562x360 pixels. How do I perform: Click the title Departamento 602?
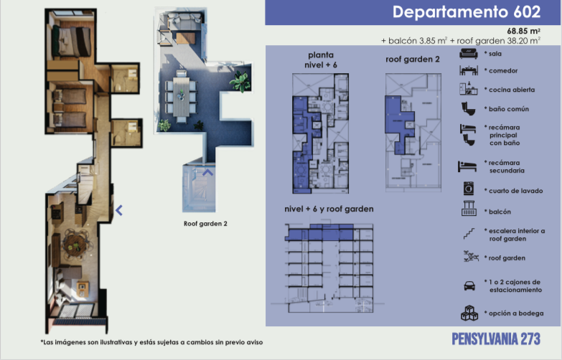[467, 11]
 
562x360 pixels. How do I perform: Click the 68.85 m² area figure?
[524, 31]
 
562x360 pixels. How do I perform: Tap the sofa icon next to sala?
[469, 54]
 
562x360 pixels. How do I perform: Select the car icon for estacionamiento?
[469, 286]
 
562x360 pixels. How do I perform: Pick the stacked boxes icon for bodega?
[469, 313]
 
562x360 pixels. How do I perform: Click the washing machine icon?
[469, 189]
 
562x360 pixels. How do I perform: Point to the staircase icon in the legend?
[469, 234]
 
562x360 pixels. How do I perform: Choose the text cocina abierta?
[512, 90]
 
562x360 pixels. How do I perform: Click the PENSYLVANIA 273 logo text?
[496, 339]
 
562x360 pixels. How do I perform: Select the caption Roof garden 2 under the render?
[205, 224]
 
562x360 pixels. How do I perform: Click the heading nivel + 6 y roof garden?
[329, 209]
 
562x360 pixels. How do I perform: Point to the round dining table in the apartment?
[75, 245]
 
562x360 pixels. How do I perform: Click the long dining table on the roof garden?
[182, 96]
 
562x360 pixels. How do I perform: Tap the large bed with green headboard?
[72, 42]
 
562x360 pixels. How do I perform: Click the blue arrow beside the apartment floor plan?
[119, 210]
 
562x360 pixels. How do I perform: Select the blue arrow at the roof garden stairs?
[207, 173]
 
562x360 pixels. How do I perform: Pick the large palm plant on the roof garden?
[239, 81]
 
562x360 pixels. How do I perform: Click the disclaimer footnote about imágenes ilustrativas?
[151, 342]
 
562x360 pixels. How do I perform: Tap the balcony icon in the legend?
[469, 209]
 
